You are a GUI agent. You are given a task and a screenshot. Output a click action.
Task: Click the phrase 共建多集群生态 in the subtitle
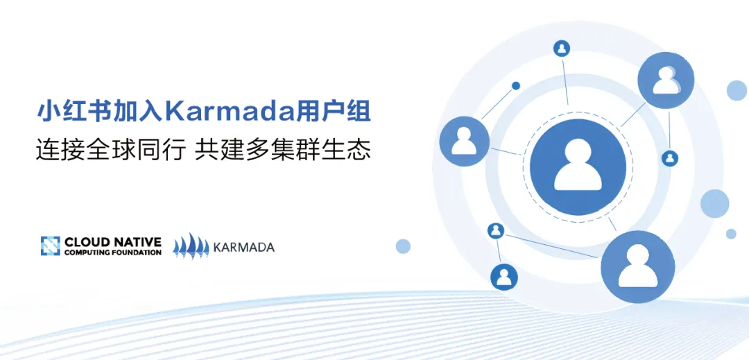[x=283, y=150]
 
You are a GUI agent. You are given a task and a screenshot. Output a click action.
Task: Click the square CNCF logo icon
[x=50, y=246]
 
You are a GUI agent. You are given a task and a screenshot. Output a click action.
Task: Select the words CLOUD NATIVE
[x=113, y=241]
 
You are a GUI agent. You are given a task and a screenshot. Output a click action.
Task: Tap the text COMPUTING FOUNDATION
[x=113, y=252]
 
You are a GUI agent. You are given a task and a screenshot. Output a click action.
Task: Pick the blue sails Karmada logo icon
[x=191, y=246]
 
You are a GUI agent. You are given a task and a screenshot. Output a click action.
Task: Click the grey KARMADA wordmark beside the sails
[x=243, y=247]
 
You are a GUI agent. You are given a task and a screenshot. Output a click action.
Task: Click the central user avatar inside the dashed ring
[x=578, y=167]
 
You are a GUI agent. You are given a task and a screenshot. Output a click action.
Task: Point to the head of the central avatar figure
[x=578, y=153]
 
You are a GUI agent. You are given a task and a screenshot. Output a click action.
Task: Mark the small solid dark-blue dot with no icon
[x=516, y=86]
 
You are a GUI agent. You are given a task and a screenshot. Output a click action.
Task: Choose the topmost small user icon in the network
[x=562, y=49]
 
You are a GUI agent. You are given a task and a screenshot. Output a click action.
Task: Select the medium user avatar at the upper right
[x=666, y=80]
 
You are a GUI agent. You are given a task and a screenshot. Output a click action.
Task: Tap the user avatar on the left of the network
[x=464, y=142]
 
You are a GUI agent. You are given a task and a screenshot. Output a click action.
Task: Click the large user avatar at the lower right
[x=638, y=267]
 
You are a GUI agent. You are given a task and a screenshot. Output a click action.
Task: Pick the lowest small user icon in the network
[x=504, y=277]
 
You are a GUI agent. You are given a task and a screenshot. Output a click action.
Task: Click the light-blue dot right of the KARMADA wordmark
[x=403, y=246]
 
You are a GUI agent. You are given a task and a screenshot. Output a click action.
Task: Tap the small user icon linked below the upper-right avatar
[x=670, y=158]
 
